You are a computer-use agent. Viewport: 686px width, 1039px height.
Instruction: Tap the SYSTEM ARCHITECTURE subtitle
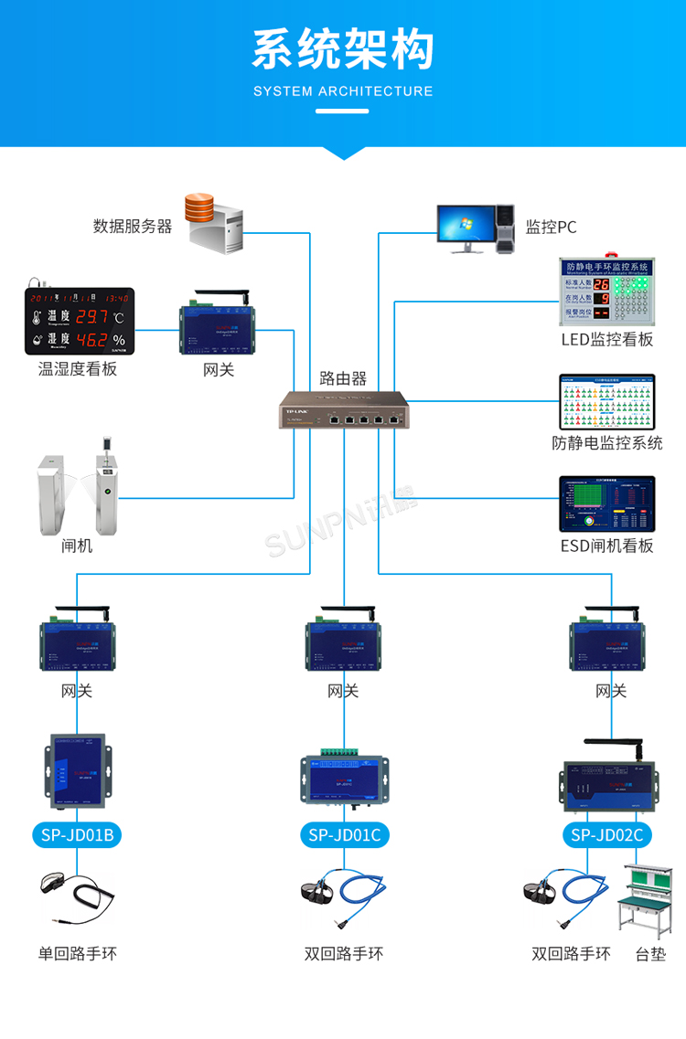[343, 91]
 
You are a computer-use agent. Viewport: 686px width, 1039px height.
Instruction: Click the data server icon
[215, 222]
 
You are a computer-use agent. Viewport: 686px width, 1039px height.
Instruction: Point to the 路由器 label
[343, 377]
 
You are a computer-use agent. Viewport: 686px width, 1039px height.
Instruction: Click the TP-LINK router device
[343, 409]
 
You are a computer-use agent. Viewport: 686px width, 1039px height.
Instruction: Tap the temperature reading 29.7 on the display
[91, 317]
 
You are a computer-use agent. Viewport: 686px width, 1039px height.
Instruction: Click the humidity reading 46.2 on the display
[91, 341]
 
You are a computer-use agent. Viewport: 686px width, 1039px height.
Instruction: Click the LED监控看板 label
[607, 340]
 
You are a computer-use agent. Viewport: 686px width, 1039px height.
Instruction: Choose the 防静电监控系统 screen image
[607, 401]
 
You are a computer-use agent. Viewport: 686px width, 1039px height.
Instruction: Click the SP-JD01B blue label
[77, 834]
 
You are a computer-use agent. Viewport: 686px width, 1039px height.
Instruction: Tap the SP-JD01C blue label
[344, 834]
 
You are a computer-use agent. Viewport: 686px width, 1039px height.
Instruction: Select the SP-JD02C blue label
[607, 834]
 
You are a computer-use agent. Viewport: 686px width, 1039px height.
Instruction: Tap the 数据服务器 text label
[133, 227]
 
